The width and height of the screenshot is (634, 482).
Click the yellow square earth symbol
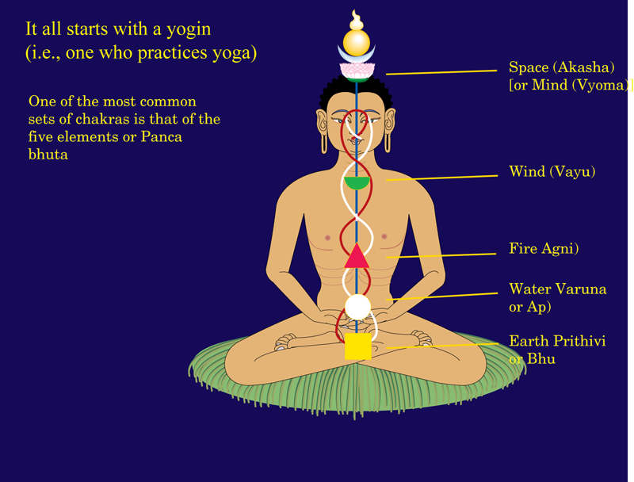pos(358,346)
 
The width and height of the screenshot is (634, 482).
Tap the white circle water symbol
pos(358,308)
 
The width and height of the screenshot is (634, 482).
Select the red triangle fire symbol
pos(357,255)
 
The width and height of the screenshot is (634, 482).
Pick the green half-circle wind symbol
pos(357,183)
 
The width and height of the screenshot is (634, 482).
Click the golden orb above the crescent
pos(357,43)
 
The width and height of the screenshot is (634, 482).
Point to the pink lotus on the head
pos(357,71)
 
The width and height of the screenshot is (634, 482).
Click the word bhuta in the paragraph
pos(48,155)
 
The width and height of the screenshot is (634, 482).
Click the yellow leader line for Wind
pos(442,178)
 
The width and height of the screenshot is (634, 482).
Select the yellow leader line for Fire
pos(441,255)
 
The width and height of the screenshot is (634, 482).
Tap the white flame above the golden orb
pos(356,21)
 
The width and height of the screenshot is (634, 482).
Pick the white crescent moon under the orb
pos(357,55)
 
